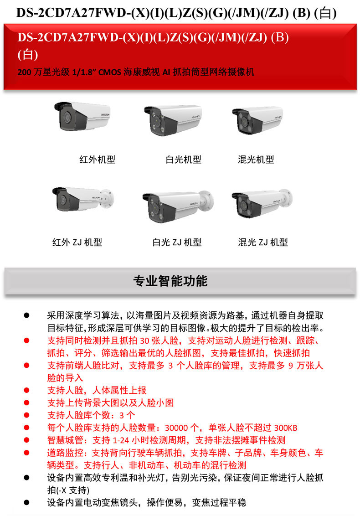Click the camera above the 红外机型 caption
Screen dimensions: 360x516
pos(82,116)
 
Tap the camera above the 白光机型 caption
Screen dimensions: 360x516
pos(172,120)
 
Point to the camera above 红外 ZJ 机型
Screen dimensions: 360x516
pos(83,199)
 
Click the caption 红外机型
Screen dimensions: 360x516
pos(98,160)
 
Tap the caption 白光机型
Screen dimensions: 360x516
pos(183,160)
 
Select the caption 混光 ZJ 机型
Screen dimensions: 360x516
pos(263,243)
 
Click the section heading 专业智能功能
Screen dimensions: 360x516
pos(170,281)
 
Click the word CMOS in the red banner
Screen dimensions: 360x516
pos(109,72)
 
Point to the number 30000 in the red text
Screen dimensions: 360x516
pos(176,428)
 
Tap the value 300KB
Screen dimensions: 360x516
pos(286,428)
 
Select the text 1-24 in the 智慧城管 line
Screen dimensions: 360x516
pos(121,440)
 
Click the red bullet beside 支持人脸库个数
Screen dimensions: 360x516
pos(26,415)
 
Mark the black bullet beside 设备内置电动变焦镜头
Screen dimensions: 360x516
pos(26,502)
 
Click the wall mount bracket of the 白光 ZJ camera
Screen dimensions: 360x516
pos(206,200)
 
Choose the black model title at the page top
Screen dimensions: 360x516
pos(177,13)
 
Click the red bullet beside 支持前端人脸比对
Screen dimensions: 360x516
pos(26,366)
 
